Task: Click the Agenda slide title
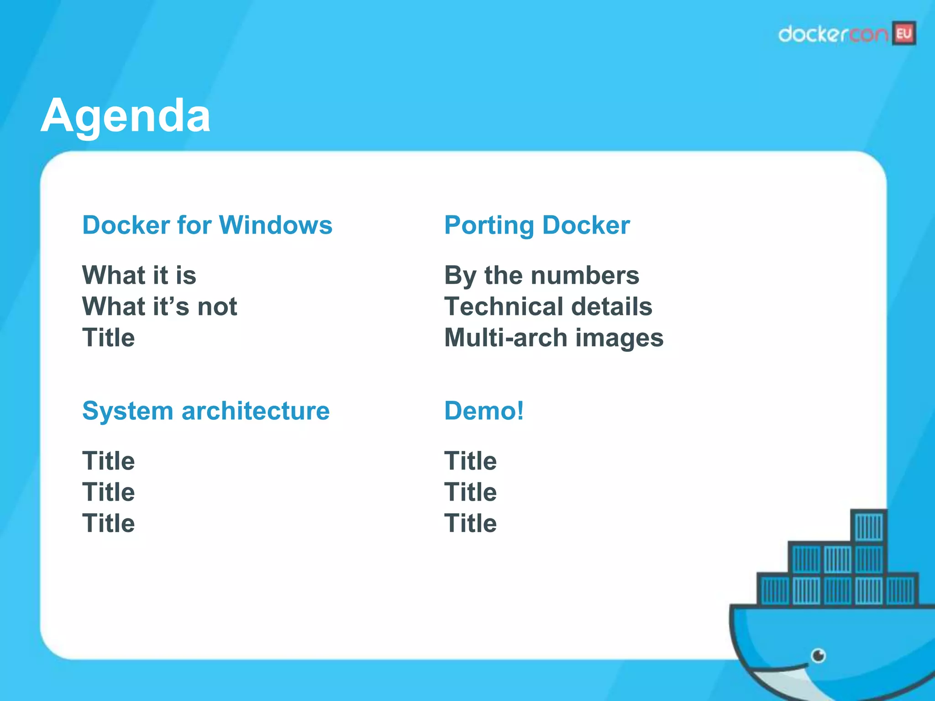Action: coord(126,116)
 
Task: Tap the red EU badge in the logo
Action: coord(904,34)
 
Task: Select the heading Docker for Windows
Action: coord(207,225)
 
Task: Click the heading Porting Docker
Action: coord(537,225)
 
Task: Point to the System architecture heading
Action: coord(205,411)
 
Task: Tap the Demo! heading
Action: coord(484,411)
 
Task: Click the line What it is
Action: coord(139,275)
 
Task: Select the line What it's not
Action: coord(159,306)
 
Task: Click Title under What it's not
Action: coord(108,338)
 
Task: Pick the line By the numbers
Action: coord(541,275)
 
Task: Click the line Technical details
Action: coord(548,306)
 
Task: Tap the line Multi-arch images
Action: coord(553,338)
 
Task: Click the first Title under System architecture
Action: coord(108,461)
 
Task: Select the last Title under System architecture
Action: coord(108,523)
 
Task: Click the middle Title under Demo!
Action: coord(470,492)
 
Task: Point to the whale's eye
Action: coord(818,656)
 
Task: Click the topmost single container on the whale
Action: coord(869,526)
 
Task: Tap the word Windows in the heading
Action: coord(276,225)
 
